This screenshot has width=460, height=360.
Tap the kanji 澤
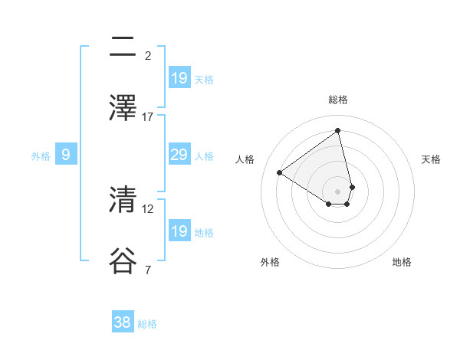[x=123, y=107]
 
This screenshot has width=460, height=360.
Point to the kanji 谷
[x=123, y=261]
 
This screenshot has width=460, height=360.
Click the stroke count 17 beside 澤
[x=148, y=116]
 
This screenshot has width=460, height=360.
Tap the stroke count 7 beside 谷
[x=148, y=270]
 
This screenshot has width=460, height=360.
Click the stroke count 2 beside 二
[x=148, y=55]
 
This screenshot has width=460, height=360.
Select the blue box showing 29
[x=179, y=155]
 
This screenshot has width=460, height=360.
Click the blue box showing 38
[x=123, y=322]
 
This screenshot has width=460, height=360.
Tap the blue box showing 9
[x=66, y=155]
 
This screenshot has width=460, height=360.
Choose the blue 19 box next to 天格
[x=179, y=77]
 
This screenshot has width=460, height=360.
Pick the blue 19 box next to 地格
[x=179, y=231]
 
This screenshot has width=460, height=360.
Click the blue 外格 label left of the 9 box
[x=41, y=156]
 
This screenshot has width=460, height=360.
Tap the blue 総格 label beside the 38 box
[x=147, y=324]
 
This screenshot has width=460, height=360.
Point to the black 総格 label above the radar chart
[x=338, y=100]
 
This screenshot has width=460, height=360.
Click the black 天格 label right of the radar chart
[x=431, y=159]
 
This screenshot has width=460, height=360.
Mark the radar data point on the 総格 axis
[x=338, y=130]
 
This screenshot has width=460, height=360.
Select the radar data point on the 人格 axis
[x=280, y=172]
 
